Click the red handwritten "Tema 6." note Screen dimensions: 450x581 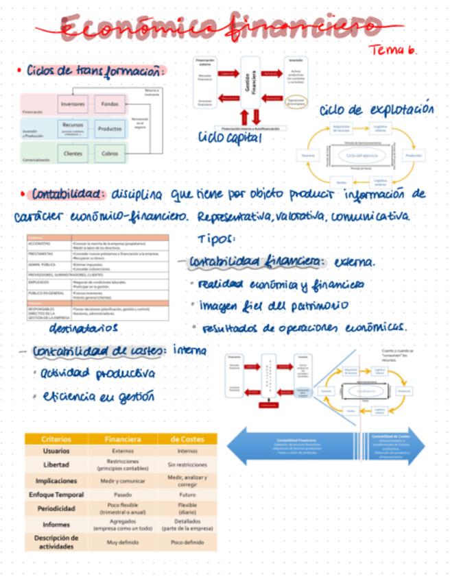pyautogui.click(x=393, y=50)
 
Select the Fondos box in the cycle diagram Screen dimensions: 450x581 pyautogui.click(x=110, y=104)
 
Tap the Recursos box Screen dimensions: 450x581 pyautogui.click(x=73, y=127)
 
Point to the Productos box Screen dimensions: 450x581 pyautogui.click(x=110, y=128)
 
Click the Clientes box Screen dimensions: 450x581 pyautogui.click(x=73, y=153)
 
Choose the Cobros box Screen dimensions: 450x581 pyautogui.click(x=110, y=153)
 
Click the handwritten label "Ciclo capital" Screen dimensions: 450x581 pyautogui.click(x=230, y=137)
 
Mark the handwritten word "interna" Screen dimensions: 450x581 pyautogui.click(x=190, y=350)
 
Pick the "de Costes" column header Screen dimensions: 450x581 pyautogui.click(x=187, y=438)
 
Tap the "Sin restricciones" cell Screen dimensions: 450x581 pyautogui.click(x=187, y=465)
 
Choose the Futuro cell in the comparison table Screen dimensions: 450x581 pyautogui.click(x=187, y=495)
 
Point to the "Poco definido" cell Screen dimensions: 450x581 pyautogui.click(x=187, y=541)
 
